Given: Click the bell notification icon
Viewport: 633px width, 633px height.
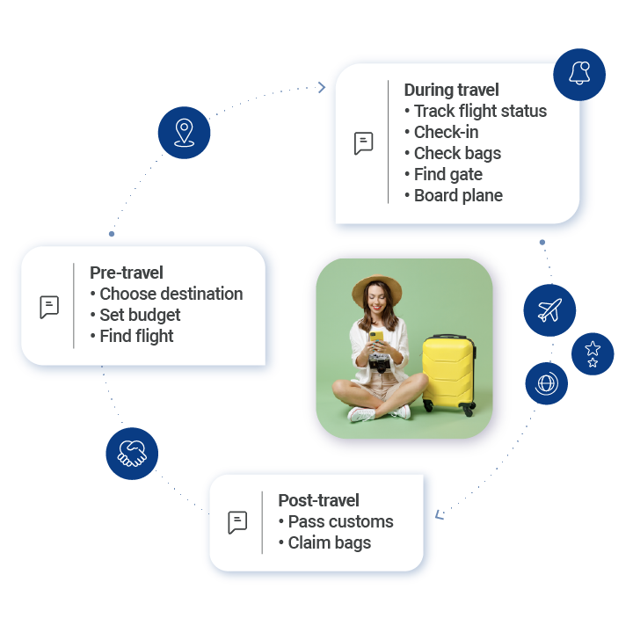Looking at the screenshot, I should point(579,74).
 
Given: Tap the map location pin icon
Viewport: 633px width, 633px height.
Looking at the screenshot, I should point(184,133).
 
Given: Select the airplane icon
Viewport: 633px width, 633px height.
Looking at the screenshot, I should point(549,309).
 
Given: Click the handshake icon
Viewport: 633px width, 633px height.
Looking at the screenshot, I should point(132,454).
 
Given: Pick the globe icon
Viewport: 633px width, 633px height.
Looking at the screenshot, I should point(546,383).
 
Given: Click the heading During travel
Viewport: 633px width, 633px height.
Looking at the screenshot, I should point(451,90).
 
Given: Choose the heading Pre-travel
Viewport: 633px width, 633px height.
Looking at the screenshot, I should point(127,273).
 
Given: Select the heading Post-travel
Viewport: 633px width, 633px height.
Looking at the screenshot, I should point(318,500).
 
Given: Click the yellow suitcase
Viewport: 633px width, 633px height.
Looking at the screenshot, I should point(448,374).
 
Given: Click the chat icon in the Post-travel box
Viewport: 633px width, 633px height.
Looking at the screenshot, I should point(237,522).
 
